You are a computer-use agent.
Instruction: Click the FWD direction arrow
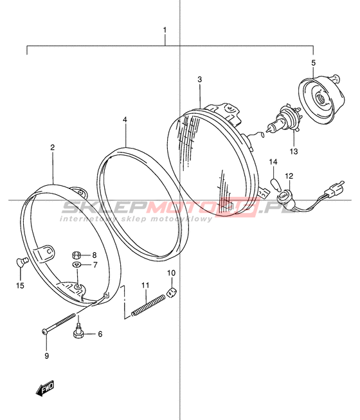[45, 388]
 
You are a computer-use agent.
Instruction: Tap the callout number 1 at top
[165, 30]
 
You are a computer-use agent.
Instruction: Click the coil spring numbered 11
[148, 305]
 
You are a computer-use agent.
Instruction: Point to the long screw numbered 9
[59, 324]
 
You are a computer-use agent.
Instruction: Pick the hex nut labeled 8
[76, 255]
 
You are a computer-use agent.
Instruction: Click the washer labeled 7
[76, 265]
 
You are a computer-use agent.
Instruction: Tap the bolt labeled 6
[78, 332]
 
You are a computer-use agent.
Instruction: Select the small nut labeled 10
[171, 292]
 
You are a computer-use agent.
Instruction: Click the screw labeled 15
[21, 261]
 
